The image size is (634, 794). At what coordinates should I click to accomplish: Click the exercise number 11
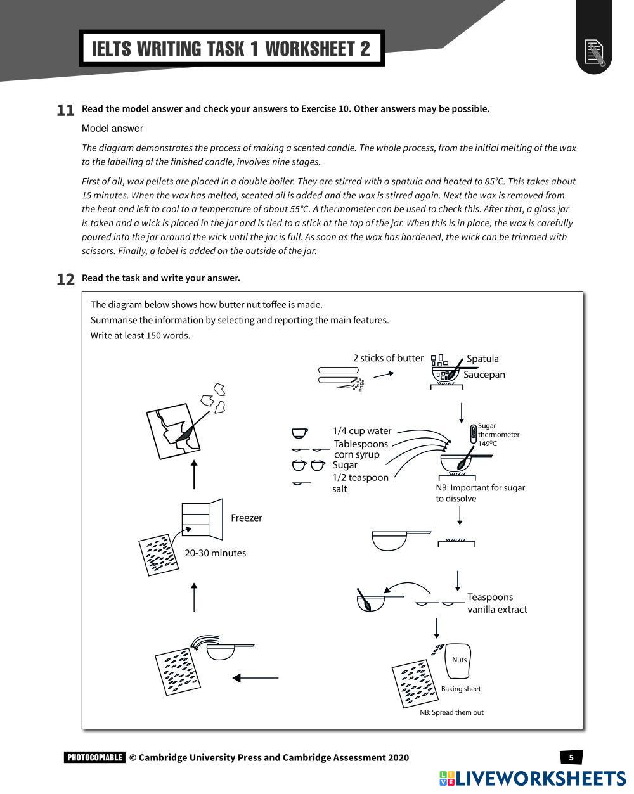point(65,110)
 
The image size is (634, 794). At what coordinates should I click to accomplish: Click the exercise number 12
point(65,279)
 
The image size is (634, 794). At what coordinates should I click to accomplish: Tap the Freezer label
point(246,518)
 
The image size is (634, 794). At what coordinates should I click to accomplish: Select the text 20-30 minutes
point(215,553)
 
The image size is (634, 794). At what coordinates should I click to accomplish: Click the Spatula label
point(482,359)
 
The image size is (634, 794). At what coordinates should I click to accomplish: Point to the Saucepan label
point(484,375)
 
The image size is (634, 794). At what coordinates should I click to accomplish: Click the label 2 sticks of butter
point(388,358)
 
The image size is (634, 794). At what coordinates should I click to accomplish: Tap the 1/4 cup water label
point(362,431)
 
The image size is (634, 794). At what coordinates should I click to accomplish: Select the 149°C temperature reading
point(488,444)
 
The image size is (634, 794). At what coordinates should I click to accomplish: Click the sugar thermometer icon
point(473,434)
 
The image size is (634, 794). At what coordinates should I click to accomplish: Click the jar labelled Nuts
point(459,660)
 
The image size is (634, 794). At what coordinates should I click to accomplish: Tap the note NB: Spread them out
point(451,712)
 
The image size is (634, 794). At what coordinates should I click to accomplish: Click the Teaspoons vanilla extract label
point(496,603)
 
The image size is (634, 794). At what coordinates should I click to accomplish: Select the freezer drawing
point(202,517)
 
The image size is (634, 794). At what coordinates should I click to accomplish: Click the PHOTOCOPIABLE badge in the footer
point(94,757)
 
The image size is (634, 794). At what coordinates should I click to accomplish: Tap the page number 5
point(571,757)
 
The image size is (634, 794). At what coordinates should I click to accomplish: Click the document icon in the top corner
point(594,53)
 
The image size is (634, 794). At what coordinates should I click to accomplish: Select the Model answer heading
point(112,129)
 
